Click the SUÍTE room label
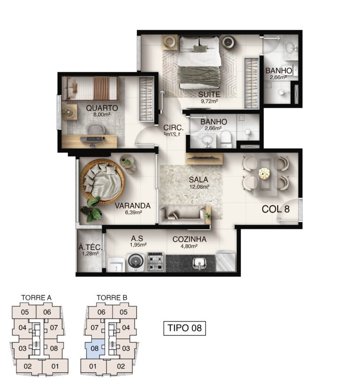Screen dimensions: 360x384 click(x=209, y=94)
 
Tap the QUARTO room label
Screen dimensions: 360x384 click(x=102, y=108)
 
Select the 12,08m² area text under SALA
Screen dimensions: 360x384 click(x=199, y=187)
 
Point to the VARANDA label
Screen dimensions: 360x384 click(x=133, y=206)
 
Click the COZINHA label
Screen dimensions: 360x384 click(x=189, y=239)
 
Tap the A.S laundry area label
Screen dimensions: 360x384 click(x=137, y=238)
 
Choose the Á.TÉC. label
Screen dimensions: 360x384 click(x=90, y=247)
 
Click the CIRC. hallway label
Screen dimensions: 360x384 click(x=173, y=127)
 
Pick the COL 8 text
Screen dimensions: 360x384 click(x=276, y=209)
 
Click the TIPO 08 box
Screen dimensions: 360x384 click(x=185, y=328)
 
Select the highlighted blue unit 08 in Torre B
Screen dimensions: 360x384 click(x=95, y=348)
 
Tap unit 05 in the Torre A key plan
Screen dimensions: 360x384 click(x=25, y=312)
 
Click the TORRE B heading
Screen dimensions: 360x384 click(x=112, y=298)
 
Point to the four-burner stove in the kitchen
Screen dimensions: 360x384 click(x=155, y=262)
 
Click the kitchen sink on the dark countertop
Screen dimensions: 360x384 click(x=200, y=263)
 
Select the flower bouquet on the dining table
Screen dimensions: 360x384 click(x=264, y=173)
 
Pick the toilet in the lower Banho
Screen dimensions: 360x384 click(x=226, y=140)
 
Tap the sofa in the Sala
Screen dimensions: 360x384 click(x=185, y=215)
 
